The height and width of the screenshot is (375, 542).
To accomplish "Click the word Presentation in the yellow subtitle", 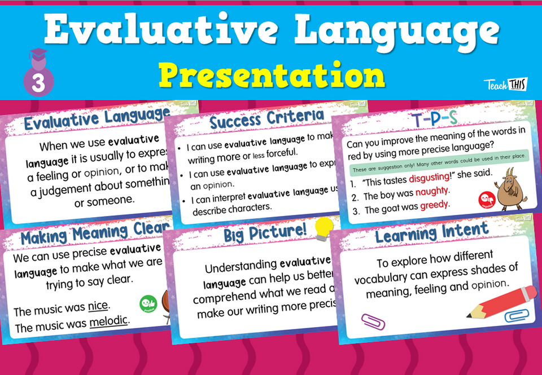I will [x=271, y=74].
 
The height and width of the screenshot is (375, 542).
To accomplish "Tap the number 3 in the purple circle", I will [x=38, y=83].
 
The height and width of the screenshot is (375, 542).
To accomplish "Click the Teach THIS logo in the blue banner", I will [x=505, y=85].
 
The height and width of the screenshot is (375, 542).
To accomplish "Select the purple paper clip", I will [x=373, y=321].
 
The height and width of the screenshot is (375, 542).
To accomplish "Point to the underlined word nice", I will [x=98, y=308].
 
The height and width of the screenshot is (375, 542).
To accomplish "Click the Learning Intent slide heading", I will [x=431, y=232].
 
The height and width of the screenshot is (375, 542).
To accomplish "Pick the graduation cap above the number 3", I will [x=38, y=57].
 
